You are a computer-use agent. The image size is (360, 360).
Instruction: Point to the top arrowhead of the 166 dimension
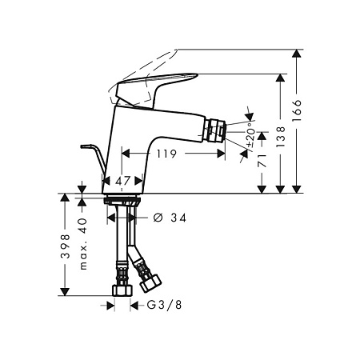(298, 54)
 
